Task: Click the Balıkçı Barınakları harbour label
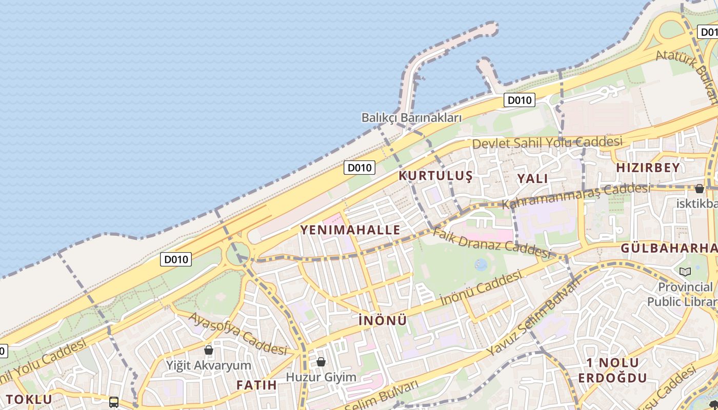(x=411, y=117)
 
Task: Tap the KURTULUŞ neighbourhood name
(x=435, y=176)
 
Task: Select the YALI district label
(x=532, y=178)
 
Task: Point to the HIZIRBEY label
(x=648, y=168)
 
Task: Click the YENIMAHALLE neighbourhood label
(x=350, y=230)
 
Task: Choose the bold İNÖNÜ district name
(x=383, y=320)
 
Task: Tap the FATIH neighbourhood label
(x=256, y=385)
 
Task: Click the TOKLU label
(x=29, y=399)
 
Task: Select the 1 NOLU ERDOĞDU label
(x=612, y=371)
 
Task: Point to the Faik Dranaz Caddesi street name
(x=491, y=242)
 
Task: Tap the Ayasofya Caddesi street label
(x=237, y=334)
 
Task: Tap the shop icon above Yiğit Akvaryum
(x=209, y=350)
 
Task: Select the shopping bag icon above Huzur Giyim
(x=321, y=362)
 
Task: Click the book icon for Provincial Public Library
(x=685, y=272)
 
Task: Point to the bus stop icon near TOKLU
(x=114, y=402)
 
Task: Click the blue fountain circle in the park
(x=481, y=264)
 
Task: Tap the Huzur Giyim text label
(x=321, y=377)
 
